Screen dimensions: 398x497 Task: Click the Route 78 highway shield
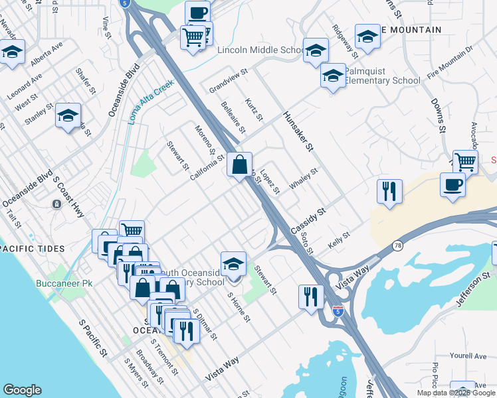[397, 245]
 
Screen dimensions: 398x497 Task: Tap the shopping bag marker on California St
[239, 164]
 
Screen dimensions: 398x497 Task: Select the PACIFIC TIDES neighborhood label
[33, 249]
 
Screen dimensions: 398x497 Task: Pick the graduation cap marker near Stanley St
[68, 115]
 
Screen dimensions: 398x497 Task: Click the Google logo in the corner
[23, 390]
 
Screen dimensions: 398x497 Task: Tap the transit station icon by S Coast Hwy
[56, 204]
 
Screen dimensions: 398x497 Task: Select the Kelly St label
[340, 241]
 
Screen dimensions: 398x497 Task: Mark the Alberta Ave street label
[47, 55]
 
